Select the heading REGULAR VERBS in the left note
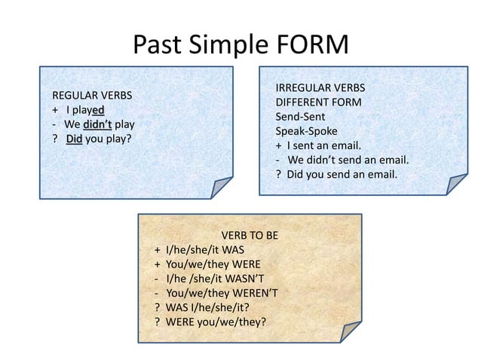(91, 96)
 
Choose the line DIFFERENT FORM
(318, 102)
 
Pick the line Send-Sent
(300, 116)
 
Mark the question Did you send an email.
(340, 175)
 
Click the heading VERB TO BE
(250, 236)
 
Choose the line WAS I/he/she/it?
(207, 308)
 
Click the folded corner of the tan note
(351, 331)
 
